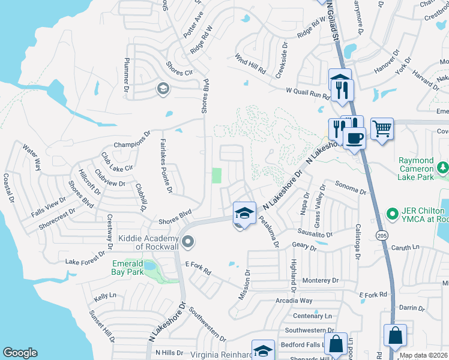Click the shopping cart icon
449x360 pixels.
click(x=382, y=128)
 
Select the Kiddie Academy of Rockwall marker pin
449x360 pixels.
click(x=188, y=242)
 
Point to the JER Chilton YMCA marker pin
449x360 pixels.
click(x=393, y=213)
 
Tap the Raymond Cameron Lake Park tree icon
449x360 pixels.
click(x=443, y=167)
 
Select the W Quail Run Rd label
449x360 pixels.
click(x=308, y=93)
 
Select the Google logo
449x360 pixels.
click(x=20, y=353)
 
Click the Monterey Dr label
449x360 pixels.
click(x=321, y=280)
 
